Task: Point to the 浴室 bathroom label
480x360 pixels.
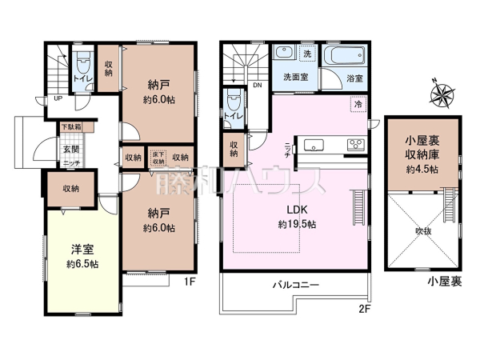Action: coord(355,79)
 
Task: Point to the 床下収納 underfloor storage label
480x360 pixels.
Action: coord(158,158)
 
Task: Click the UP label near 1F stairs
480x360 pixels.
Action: coord(58,98)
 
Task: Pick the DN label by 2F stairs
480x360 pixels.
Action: coord(257,84)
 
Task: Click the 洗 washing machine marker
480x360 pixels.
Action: coord(307,54)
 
